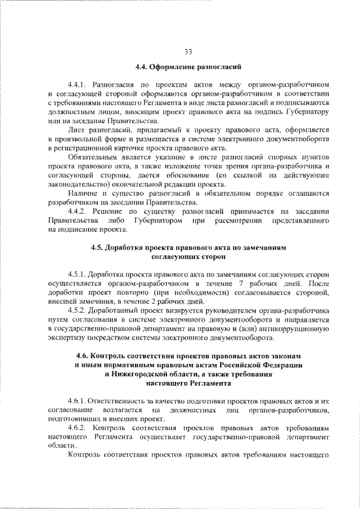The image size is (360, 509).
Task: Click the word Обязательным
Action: tap(92, 156)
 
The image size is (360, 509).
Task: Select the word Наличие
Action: tap(80, 193)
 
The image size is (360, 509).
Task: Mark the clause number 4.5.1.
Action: tap(77, 273)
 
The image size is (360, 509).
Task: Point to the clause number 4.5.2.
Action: tap(77, 310)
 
